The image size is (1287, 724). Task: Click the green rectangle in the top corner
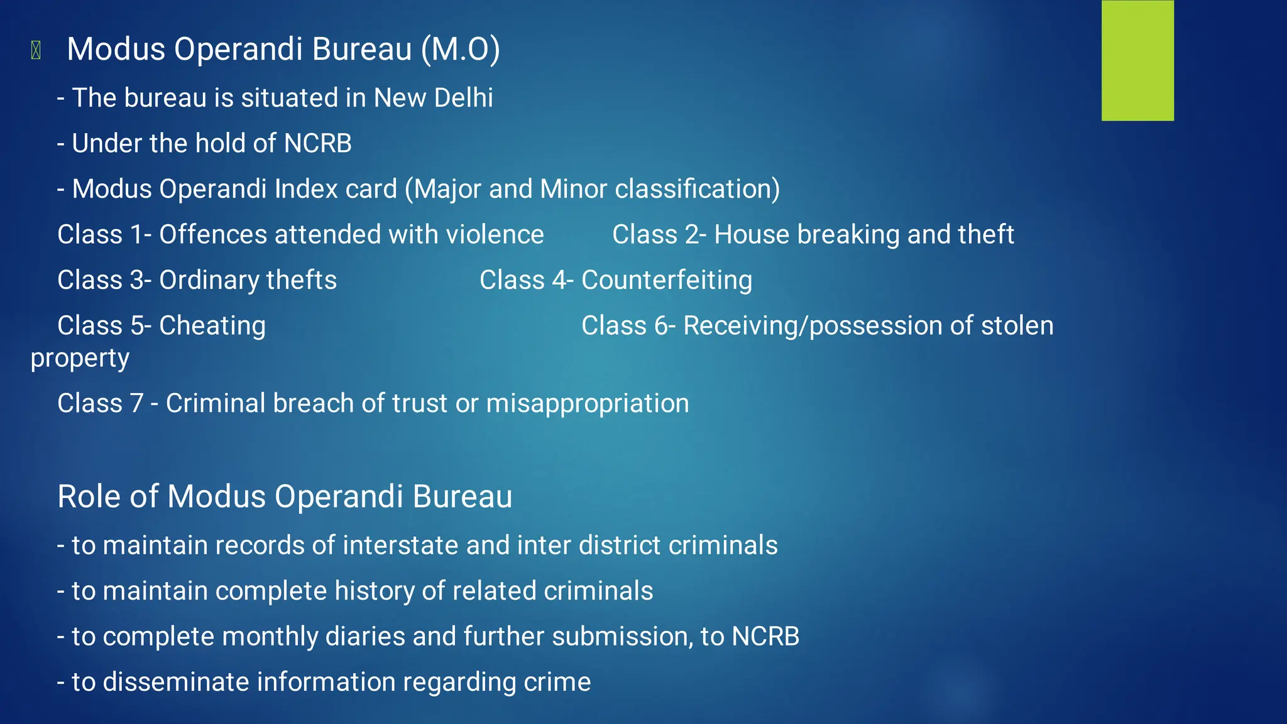click(x=1137, y=60)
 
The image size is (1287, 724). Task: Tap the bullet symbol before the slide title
click(x=36, y=50)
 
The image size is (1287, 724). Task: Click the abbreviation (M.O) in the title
click(x=461, y=49)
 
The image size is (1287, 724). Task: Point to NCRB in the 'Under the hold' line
click(x=317, y=143)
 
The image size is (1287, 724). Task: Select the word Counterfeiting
click(x=667, y=281)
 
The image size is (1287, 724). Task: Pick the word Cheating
click(x=212, y=326)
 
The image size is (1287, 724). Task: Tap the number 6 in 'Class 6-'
click(x=661, y=326)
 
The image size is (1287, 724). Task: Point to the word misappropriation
click(x=588, y=403)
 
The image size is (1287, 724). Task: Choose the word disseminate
click(x=176, y=682)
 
